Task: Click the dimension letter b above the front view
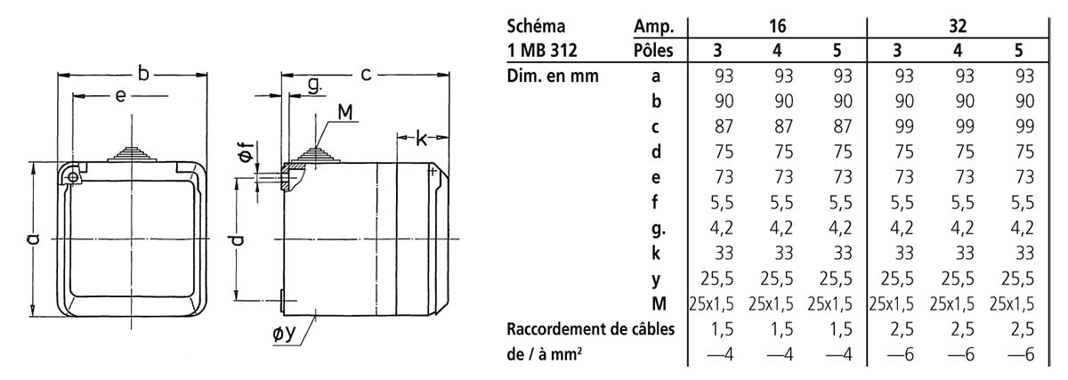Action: point(143,74)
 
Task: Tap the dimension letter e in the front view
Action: point(120,96)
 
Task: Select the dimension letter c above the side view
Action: point(366,74)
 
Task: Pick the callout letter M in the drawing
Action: point(344,111)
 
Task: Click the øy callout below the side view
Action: point(285,333)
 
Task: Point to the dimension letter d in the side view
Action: point(237,239)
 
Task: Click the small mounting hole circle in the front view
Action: point(73,178)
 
